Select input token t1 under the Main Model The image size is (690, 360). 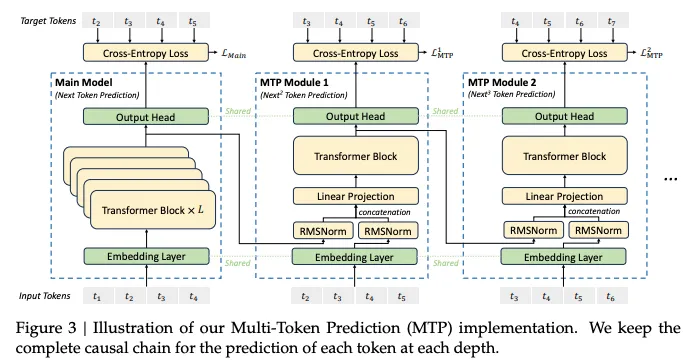coord(98,297)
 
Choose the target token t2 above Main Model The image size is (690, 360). coord(98,20)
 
